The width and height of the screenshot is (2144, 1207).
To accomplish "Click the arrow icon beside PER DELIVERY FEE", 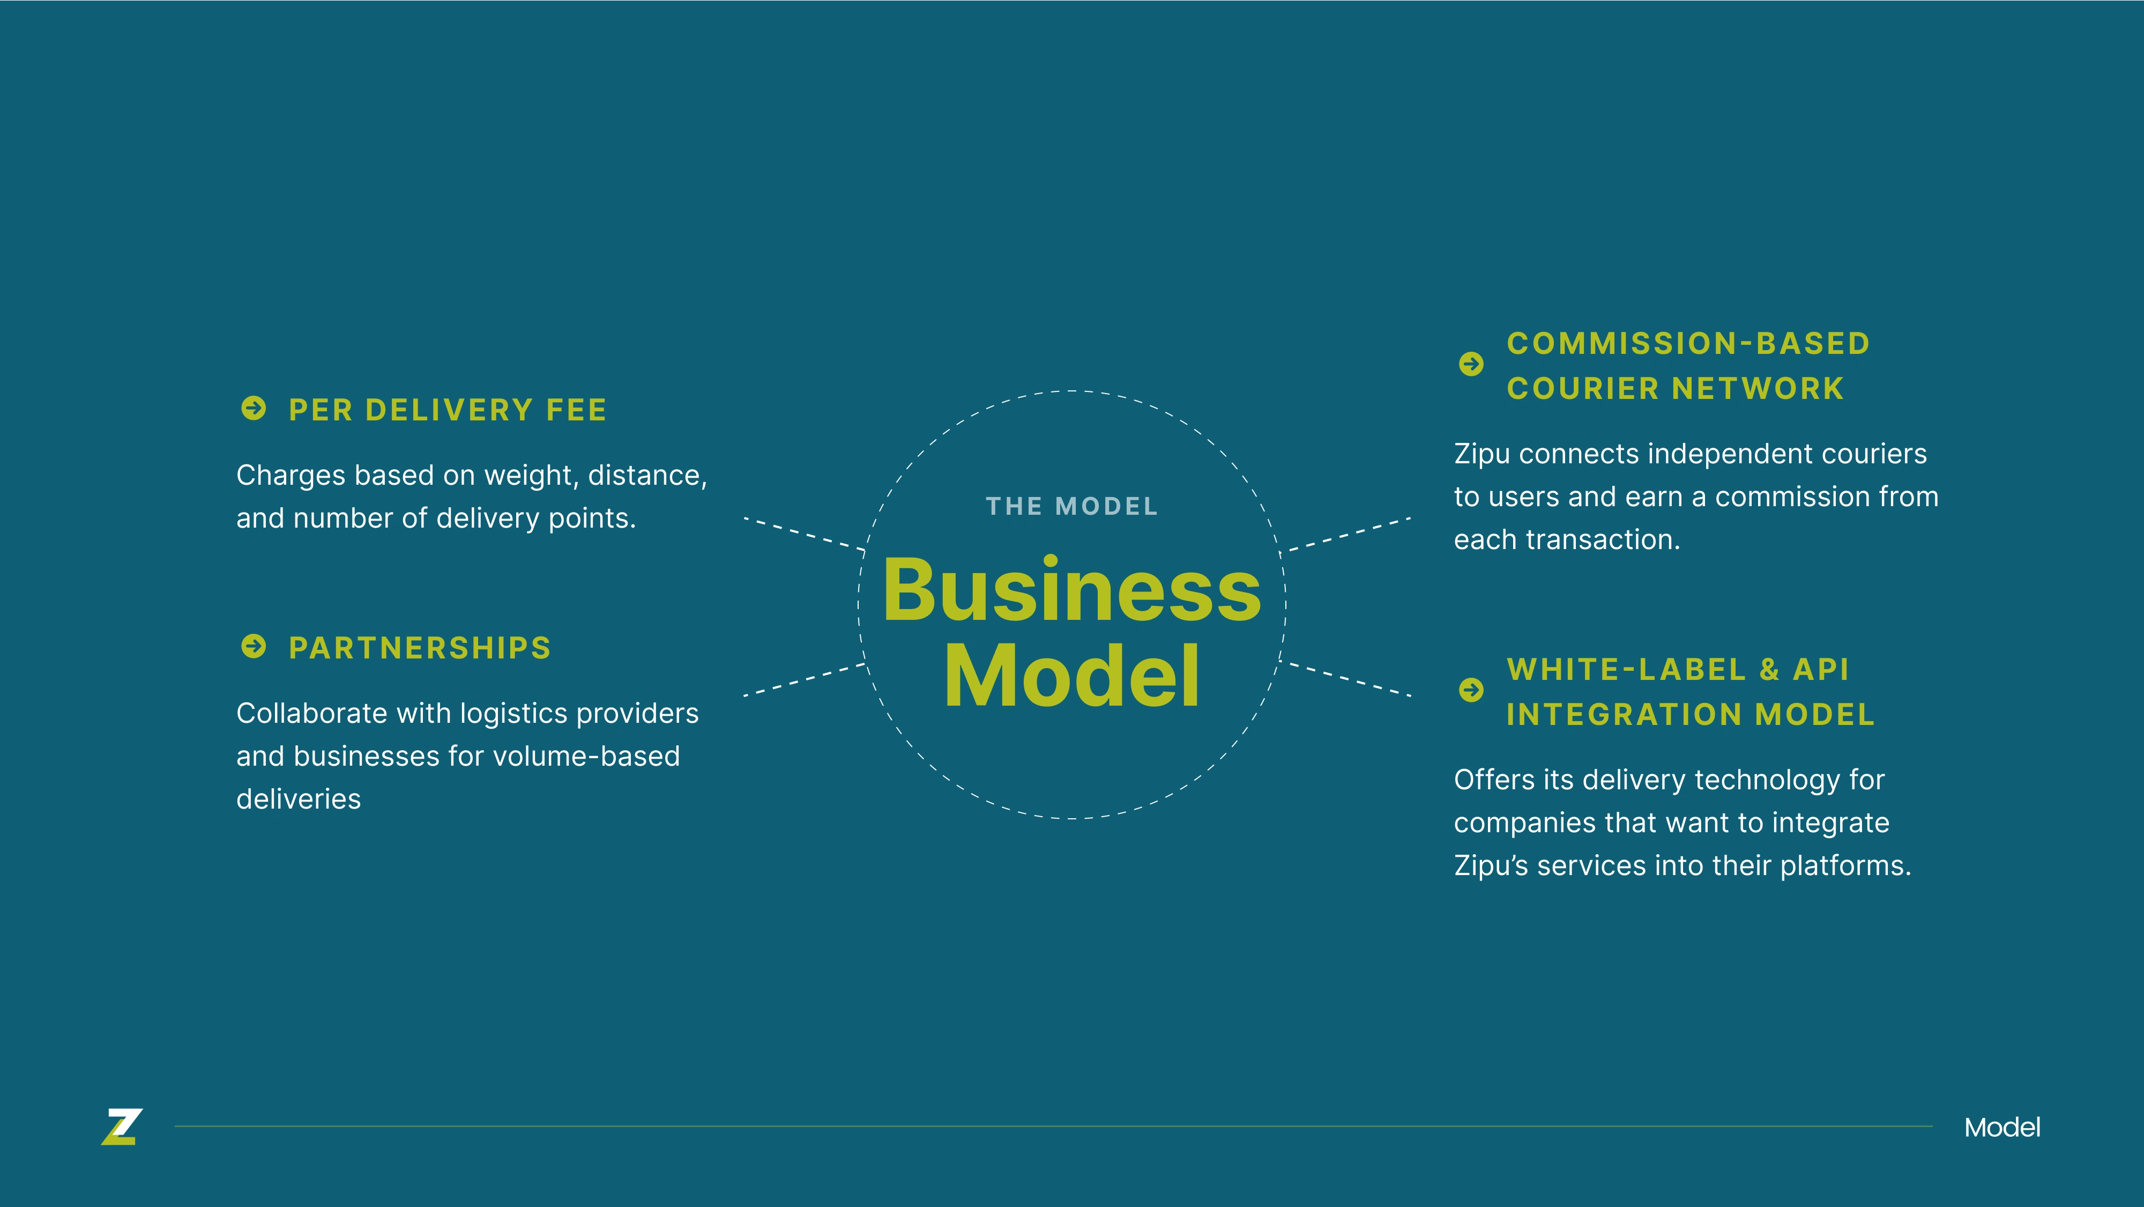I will coord(254,409).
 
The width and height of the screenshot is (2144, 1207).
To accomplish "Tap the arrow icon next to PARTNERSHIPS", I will coord(254,647).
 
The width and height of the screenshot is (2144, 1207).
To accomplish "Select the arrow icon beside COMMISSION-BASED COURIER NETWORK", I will coord(1471,364).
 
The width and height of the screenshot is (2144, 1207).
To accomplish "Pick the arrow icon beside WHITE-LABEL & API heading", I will coord(1471,690).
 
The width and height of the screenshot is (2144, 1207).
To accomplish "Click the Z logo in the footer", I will coord(122,1127).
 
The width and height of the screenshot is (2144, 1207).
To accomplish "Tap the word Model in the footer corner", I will coord(2001,1128).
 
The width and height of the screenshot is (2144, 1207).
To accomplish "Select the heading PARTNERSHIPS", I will coord(420,648).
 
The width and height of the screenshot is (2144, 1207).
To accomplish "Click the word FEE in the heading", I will coord(576,410).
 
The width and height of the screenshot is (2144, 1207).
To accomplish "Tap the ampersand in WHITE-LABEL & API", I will coord(1769,669).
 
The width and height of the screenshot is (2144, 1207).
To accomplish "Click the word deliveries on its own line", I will coord(299,799).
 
